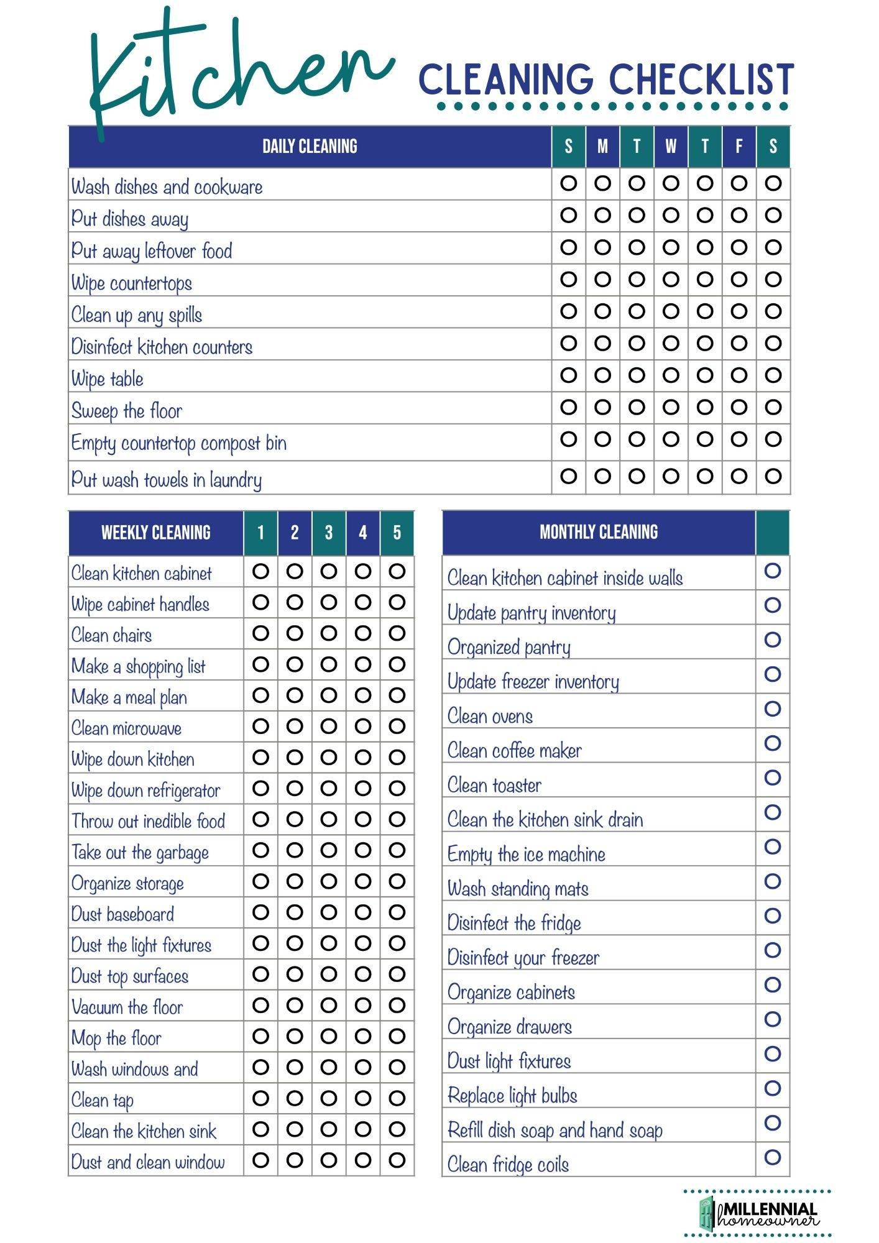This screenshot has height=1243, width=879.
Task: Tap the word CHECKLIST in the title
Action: click(701, 80)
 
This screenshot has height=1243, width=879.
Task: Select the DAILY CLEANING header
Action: click(310, 147)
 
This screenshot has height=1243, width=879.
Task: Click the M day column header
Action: click(602, 147)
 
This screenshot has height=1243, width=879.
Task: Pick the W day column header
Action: click(671, 147)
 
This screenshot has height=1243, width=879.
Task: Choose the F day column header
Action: click(739, 147)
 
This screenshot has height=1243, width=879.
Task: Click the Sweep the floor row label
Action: click(126, 411)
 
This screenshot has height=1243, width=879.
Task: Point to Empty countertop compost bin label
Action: click(178, 443)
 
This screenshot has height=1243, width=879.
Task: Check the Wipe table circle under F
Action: click(739, 375)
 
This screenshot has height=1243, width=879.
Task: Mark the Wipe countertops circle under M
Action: click(602, 280)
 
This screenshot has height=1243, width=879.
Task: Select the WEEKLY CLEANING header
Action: click(155, 533)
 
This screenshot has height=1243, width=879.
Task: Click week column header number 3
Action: click(329, 533)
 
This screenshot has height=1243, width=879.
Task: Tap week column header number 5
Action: click(397, 533)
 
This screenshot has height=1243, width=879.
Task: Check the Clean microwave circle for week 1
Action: click(260, 726)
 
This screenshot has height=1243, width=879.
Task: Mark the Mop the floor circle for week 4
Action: click(362, 1036)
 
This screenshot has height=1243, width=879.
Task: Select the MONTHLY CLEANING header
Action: click(599, 532)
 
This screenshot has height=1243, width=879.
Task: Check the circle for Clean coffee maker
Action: click(773, 743)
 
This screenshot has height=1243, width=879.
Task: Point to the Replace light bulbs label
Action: click(512, 1096)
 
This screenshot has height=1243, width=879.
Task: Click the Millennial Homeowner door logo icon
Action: click(707, 1213)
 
